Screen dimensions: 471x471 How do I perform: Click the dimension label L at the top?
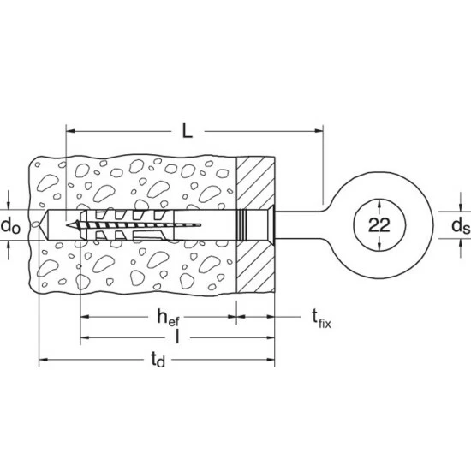[188, 132]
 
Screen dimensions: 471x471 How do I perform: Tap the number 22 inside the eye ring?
[379, 225]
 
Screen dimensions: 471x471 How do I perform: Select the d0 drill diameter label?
[10, 225]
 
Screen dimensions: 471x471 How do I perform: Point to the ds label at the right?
[461, 225]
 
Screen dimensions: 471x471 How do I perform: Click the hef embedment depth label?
[168, 318]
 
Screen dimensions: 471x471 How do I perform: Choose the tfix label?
[321, 319]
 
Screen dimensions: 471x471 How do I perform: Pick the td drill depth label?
[158, 360]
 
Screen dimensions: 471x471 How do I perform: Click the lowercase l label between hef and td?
[177, 337]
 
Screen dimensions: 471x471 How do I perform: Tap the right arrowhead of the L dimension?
[319, 131]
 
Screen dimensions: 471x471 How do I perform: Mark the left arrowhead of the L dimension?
[70, 131]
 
